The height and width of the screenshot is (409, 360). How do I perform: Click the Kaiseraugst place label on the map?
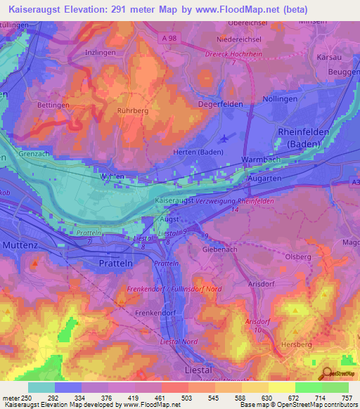pyautogui.click(x=174, y=200)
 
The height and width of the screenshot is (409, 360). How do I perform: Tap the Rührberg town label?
pyautogui.click(x=132, y=110)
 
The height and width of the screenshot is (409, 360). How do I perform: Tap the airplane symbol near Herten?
pyautogui.click(x=224, y=137)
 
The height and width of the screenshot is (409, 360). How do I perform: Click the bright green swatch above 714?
pyautogui.click(x=308, y=387)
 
